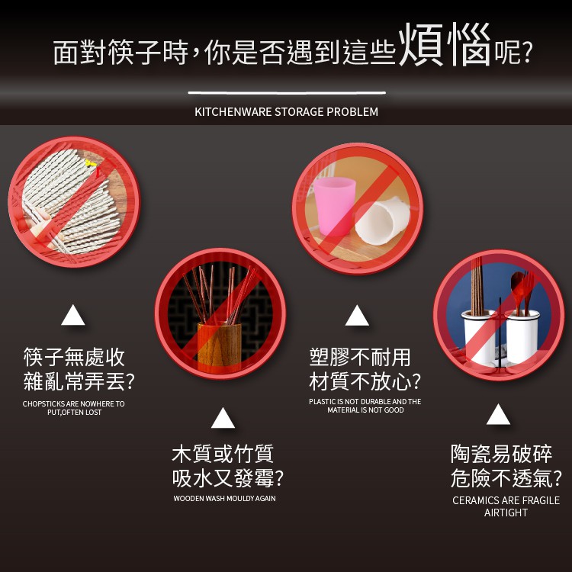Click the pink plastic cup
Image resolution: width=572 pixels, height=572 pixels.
point(334,207)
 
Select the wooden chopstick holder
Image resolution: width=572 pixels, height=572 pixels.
point(219,347)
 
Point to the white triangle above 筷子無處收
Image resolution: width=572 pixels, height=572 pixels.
point(73,315)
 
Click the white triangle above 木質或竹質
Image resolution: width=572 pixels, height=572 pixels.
point(223,418)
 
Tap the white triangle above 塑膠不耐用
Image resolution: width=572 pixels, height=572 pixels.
point(357,315)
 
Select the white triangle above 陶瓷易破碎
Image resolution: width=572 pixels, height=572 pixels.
point(498,414)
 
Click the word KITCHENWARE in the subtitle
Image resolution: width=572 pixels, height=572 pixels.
point(233,112)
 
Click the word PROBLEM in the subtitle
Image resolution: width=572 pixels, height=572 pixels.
point(352,112)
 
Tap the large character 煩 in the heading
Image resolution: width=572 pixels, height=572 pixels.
point(421,44)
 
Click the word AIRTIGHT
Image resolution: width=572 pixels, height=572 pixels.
point(506,513)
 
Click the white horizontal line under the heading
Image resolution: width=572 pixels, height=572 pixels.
point(287,92)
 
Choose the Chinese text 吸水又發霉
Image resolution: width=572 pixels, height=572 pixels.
point(223,478)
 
